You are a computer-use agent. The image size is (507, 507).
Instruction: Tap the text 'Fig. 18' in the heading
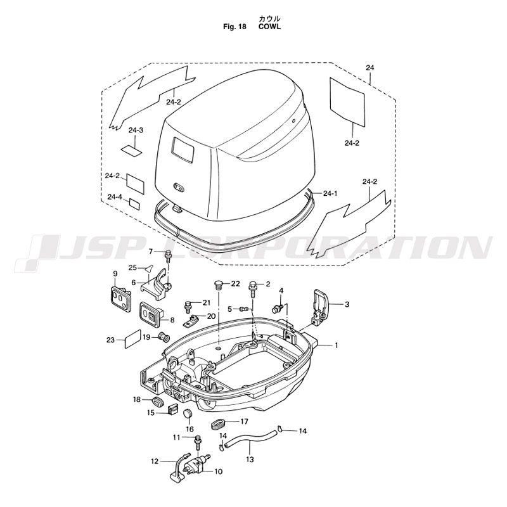(x=234, y=27)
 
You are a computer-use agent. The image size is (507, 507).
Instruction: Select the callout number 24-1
(x=330, y=193)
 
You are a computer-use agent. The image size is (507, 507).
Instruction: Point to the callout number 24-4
(x=115, y=196)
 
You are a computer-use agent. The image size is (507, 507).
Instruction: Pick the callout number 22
(x=235, y=283)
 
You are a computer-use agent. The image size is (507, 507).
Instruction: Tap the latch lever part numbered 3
(x=319, y=307)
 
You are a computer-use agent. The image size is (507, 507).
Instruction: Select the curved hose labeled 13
(x=250, y=438)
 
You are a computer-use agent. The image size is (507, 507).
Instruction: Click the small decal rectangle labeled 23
(x=133, y=339)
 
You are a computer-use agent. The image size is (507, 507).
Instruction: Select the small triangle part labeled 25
(x=150, y=267)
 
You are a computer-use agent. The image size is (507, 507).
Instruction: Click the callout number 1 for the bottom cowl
(x=336, y=345)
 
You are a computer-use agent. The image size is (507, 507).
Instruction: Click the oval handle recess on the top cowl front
(x=179, y=186)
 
